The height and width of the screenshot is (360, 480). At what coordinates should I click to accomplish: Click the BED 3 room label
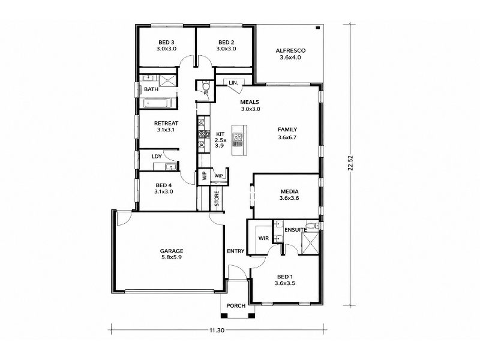[x=166, y=42]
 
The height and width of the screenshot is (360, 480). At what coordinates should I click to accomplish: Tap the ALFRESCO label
[x=290, y=51]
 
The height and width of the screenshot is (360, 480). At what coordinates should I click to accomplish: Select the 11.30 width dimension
[x=217, y=330]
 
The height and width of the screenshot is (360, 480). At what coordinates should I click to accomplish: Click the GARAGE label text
[x=172, y=251]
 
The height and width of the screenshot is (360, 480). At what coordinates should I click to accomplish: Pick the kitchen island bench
[x=239, y=140]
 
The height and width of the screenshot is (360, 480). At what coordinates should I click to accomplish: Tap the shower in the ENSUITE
[x=310, y=243]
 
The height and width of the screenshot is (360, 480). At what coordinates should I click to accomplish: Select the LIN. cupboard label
[x=233, y=83]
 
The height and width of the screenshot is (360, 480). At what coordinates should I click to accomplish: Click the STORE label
[x=217, y=199]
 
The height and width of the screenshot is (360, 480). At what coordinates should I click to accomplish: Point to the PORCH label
[x=236, y=306]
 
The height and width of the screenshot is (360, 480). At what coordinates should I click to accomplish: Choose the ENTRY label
[x=235, y=251]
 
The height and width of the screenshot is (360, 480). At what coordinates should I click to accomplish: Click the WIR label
[x=263, y=238]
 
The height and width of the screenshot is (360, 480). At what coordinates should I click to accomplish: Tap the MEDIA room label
[x=290, y=191]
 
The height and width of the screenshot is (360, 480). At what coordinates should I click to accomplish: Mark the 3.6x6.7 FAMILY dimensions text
[x=287, y=137]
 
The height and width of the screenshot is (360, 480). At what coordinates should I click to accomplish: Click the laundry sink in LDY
[x=169, y=167]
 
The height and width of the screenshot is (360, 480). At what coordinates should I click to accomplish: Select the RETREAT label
[x=166, y=124]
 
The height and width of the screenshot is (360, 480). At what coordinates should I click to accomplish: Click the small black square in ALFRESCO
[x=318, y=28]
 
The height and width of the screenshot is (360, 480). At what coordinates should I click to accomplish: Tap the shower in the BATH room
[x=168, y=80]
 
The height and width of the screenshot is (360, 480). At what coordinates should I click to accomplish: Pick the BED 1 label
[x=284, y=277]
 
